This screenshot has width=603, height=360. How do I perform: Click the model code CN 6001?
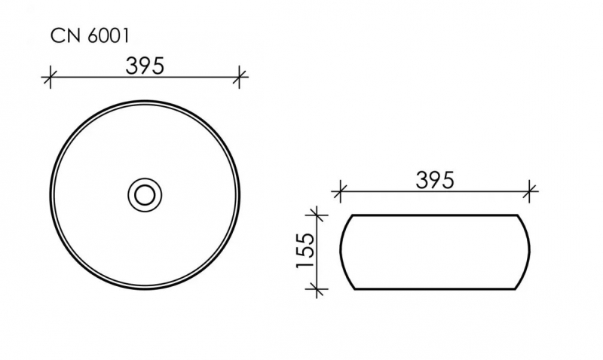(90, 36)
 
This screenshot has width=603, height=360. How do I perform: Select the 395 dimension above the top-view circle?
(145, 66)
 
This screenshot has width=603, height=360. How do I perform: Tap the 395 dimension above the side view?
(435, 179)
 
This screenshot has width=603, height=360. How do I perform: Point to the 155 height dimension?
(306, 251)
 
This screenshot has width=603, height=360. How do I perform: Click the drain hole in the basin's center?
(145, 195)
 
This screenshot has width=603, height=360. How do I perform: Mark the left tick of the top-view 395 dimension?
(50, 77)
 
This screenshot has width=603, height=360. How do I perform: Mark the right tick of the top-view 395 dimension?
(239, 77)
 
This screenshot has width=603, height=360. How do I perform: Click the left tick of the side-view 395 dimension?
(338, 191)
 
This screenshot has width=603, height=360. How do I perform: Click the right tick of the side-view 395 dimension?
(530, 191)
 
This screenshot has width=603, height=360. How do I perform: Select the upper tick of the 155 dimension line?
(316, 215)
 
